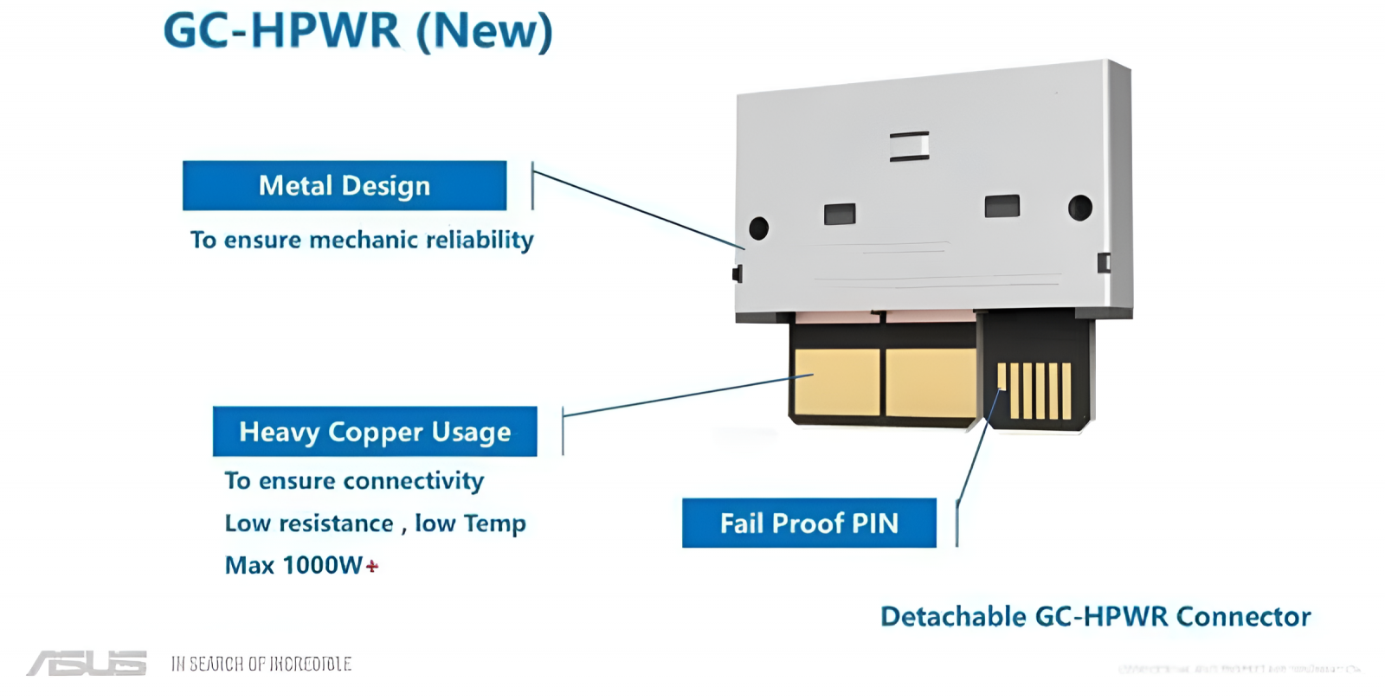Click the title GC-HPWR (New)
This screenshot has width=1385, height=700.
pos(357,31)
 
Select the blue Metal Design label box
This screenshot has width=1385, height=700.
pos(345,185)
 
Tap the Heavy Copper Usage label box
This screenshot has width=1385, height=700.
pos(375,431)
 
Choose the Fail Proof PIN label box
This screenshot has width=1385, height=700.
pos(808,523)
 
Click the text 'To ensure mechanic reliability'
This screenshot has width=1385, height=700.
pos(362,240)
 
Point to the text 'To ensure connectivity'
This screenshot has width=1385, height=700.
pos(354,480)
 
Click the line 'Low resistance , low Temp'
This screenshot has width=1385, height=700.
pos(375,523)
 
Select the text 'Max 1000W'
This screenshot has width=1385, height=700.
pos(293,565)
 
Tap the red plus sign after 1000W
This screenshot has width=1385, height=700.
pos(372,567)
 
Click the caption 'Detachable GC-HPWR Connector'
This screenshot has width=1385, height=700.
pos(1095,616)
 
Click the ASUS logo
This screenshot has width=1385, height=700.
pos(87,663)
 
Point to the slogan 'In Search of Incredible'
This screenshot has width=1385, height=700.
pos(261,664)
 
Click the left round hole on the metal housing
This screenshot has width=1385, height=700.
pos(758,228)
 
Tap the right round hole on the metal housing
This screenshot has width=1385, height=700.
pos(1079,208)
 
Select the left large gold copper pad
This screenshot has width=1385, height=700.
pos(836,382)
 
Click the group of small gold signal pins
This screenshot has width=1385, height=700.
pos(1034,390)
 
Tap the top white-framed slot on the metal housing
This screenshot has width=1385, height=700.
pos(909,146)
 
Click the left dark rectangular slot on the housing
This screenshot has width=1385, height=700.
pos(840,214)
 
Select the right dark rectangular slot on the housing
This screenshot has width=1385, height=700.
pos(1002,206)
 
